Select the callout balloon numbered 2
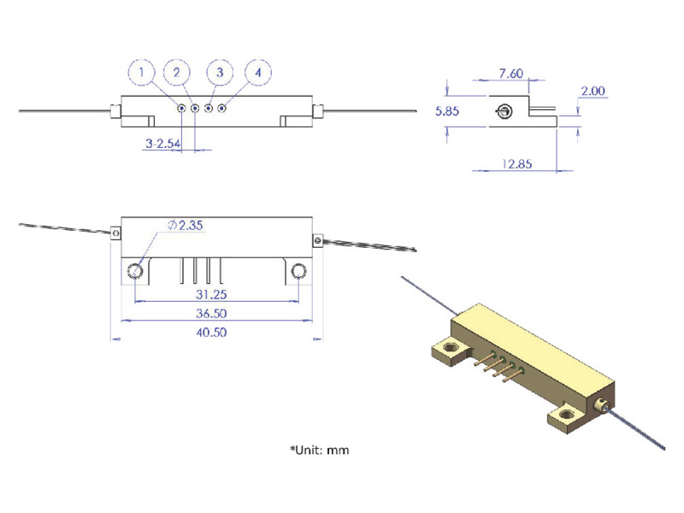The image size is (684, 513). click(x=177, y=73)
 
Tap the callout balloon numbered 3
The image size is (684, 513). click(x=219, y=73)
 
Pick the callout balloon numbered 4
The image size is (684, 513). click(x=257, y=73)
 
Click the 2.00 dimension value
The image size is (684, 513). click(x=593, y=91)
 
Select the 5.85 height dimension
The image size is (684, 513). click(x=447, y=111)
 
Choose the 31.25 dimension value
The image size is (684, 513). click(x=211, y=292)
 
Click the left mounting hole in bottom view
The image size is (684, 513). click(x=136, y=271)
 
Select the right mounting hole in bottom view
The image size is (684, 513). click(x=298, y=271)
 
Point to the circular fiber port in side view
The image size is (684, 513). click(x=504, y=111)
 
